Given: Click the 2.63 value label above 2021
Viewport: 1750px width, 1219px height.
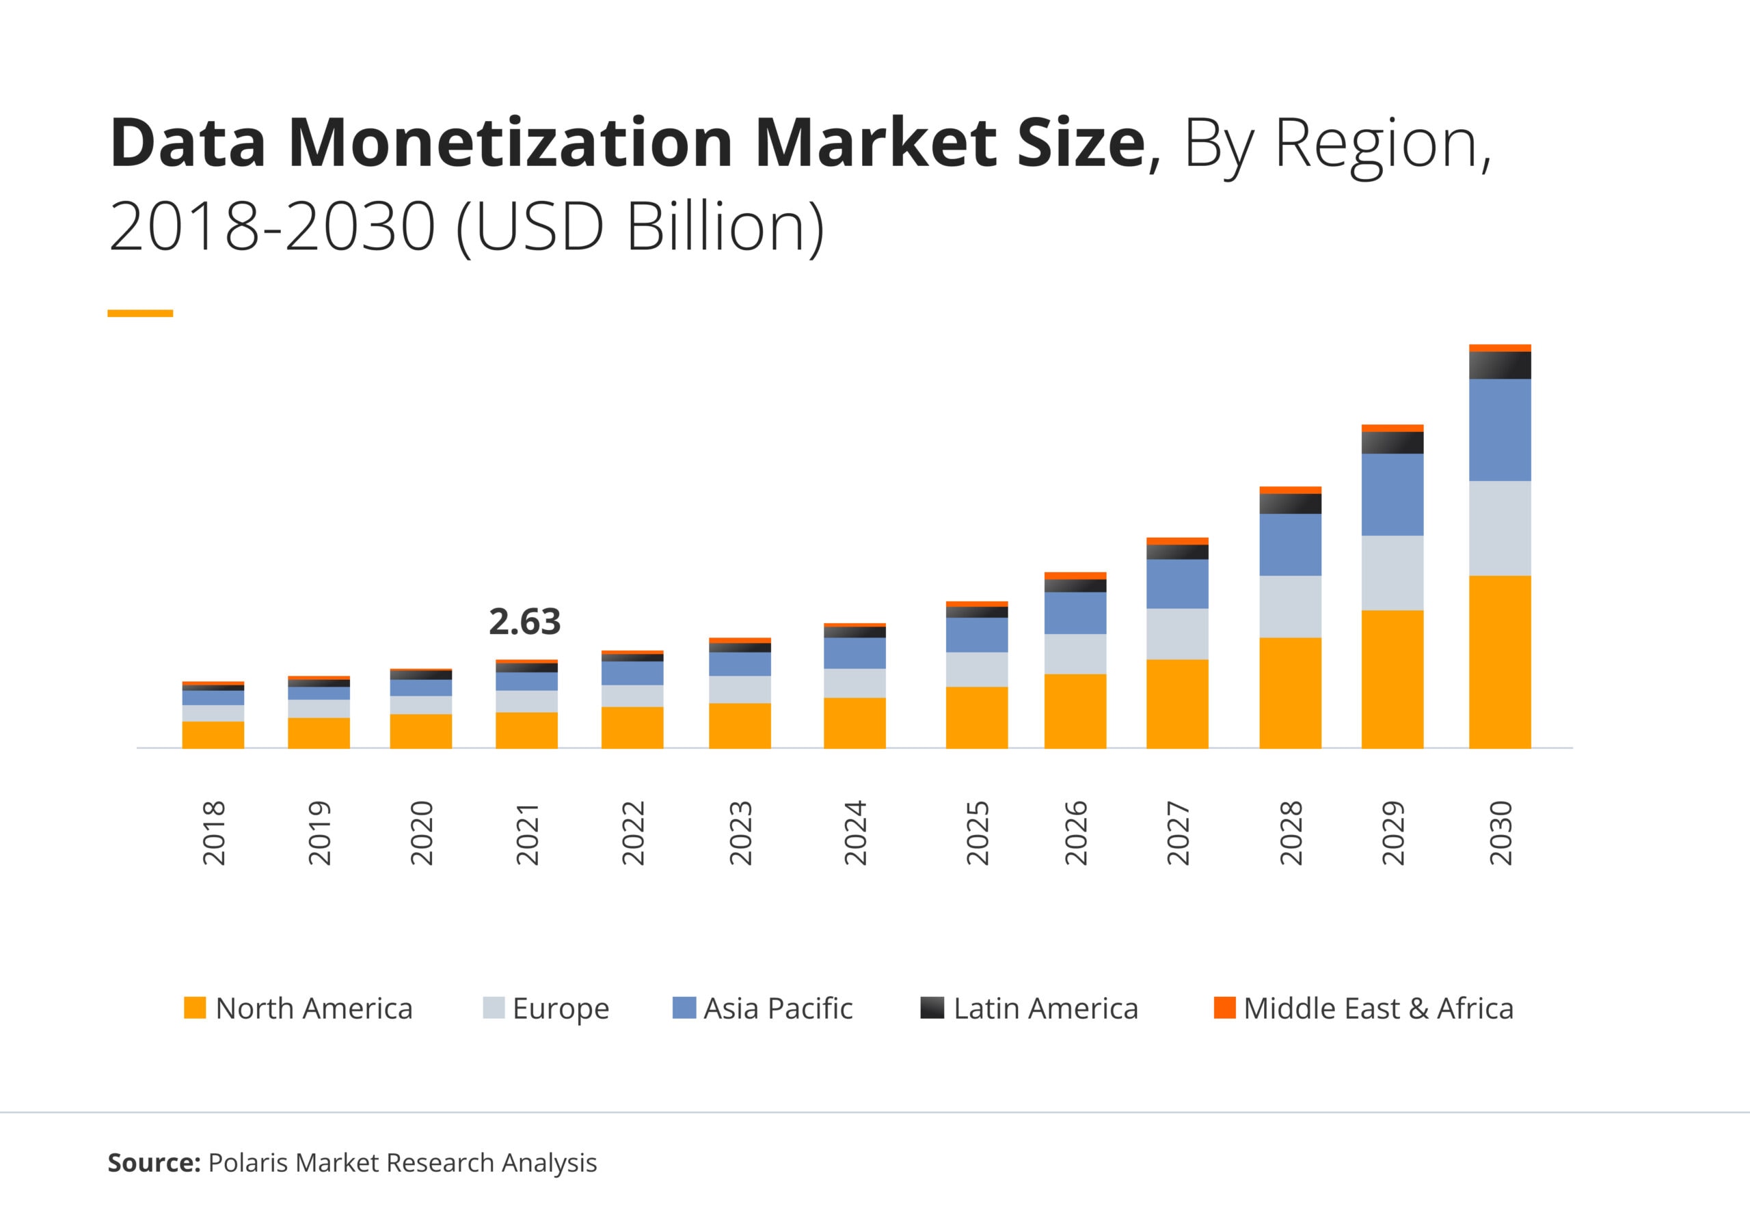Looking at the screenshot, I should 524,622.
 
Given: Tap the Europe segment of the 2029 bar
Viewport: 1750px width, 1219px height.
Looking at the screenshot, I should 1392,573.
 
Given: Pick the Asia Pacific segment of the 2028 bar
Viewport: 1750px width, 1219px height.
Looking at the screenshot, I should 1290,544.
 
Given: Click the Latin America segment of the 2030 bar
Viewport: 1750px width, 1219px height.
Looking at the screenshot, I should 1499,365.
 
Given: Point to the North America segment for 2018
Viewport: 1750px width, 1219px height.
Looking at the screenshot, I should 213,735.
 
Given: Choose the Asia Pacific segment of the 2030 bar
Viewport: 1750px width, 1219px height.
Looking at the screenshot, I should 1499,430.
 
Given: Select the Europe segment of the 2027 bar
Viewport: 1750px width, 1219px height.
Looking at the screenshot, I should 1177,633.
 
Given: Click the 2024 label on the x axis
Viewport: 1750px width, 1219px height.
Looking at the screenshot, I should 855,832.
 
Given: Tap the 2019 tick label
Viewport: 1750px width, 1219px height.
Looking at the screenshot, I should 319,832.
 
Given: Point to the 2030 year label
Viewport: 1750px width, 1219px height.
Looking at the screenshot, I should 1500,832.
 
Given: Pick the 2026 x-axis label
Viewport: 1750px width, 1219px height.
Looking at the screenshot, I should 1075,832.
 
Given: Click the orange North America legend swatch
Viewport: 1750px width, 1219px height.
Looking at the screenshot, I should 195,1007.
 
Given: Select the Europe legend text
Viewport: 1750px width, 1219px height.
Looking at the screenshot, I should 561,1008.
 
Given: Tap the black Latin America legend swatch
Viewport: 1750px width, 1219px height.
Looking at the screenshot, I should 932,1007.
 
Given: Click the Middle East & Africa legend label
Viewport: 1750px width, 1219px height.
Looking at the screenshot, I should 1378,1008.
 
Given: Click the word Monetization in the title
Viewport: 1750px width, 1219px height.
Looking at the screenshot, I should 511,143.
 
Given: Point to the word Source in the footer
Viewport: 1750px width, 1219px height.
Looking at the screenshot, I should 153,1162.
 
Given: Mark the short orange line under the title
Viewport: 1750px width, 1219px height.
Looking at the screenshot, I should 140,313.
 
